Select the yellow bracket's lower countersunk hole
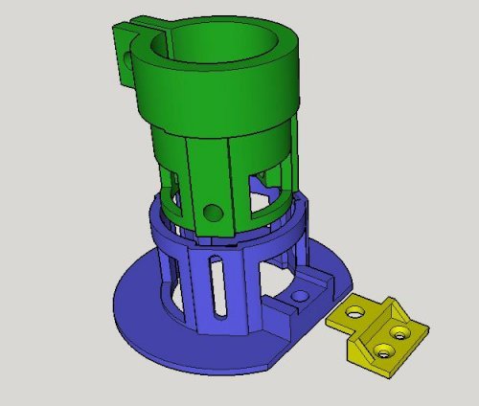[385, 350]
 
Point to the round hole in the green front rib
[213, 210]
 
